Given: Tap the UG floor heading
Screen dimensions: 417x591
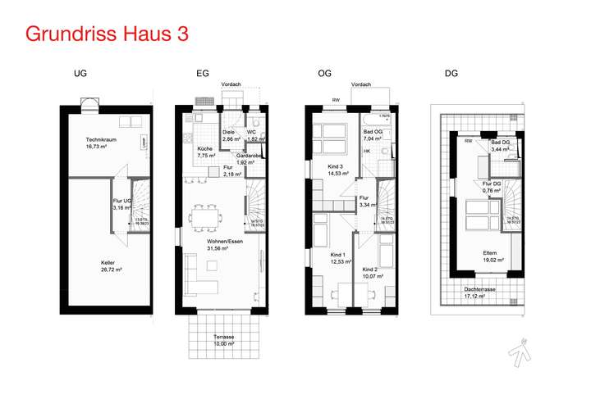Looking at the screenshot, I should tap(80, 74).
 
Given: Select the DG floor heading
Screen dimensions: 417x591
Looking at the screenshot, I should tap(451, 74).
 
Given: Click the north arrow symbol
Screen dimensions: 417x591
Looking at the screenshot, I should tap(520, 351).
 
